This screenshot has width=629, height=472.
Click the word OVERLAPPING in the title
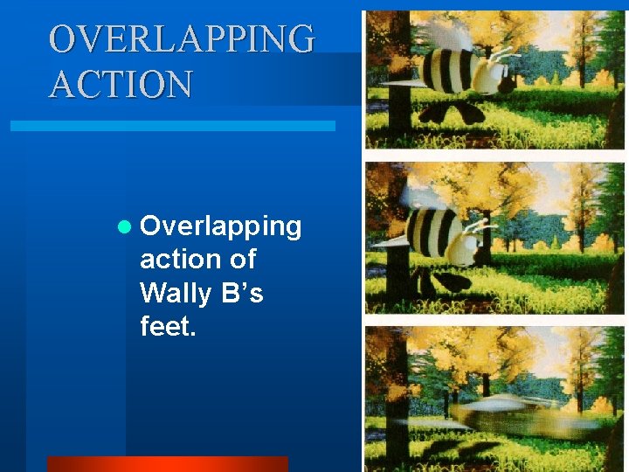click(183, 39)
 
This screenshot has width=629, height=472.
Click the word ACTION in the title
click(121, 85)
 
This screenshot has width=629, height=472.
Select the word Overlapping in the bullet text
click(221, 227)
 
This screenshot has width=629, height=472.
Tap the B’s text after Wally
click(243, 293)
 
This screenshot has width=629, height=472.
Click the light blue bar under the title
click(172, 126)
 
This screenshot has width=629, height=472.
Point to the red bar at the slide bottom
click(167, 463)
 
